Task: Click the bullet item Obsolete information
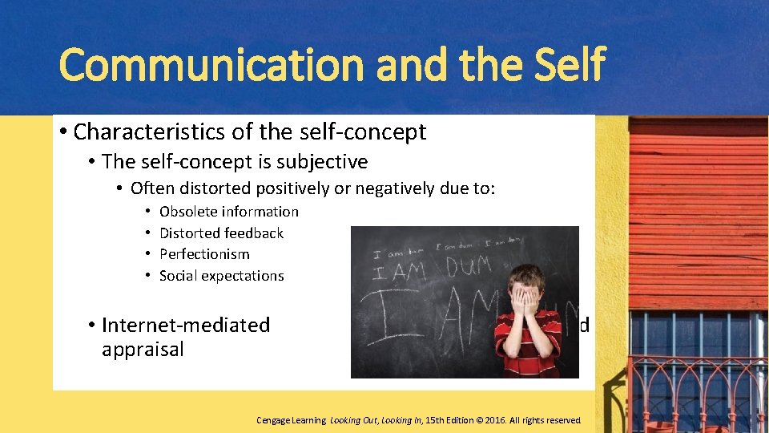(x=228, y=212)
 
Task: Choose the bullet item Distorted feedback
(x=221, y=233)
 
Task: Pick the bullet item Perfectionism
(x=204, y=254)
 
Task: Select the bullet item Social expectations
(x=221, y=276)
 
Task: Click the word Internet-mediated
(x=186, y=325)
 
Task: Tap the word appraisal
(x=143, y=350)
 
